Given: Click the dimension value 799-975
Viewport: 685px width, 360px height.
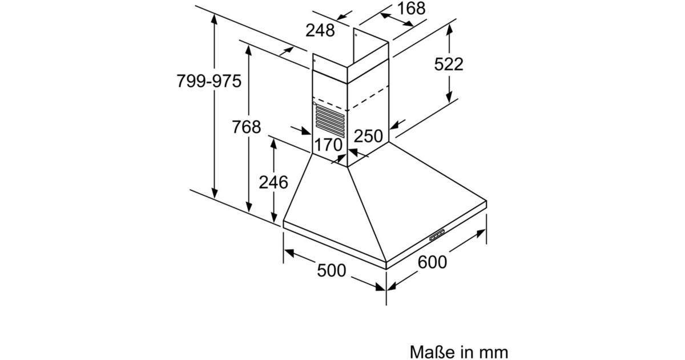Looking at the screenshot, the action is tap(209, 81).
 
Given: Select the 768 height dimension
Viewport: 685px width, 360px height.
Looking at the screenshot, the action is tap(247, 127).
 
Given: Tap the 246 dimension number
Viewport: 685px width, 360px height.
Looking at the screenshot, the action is tap(273, 182).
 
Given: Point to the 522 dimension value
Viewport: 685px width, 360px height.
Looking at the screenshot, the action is tap(449, 64).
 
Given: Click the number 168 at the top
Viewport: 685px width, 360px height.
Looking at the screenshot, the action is tap(412, 8).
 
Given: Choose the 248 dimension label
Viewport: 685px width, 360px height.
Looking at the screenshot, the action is tap(320, 31).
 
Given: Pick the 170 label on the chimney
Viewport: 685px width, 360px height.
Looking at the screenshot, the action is tap(328, 145).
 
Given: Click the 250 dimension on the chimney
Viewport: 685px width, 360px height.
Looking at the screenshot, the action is tap(368, 136).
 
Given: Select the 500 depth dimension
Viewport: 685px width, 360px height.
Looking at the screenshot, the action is tap(332, 271).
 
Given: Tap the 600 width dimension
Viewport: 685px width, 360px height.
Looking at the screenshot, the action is tap(432, 262).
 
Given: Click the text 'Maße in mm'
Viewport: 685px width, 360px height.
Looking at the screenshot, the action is tap(459, 352).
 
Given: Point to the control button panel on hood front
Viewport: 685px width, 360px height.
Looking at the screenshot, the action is tap(438, 234).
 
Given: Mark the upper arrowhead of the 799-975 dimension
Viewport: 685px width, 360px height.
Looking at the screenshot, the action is tap(215, 19).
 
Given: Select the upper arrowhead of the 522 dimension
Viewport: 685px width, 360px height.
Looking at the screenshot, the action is tap(449, 30).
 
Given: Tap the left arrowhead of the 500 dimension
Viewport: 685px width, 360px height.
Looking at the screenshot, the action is tap(289, 253).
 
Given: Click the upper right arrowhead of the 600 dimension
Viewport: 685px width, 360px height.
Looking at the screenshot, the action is tap(481, 233).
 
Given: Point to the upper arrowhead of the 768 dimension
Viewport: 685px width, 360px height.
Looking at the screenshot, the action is tap(249, 50).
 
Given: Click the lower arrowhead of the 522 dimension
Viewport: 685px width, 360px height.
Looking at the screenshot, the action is tap(449, 97).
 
